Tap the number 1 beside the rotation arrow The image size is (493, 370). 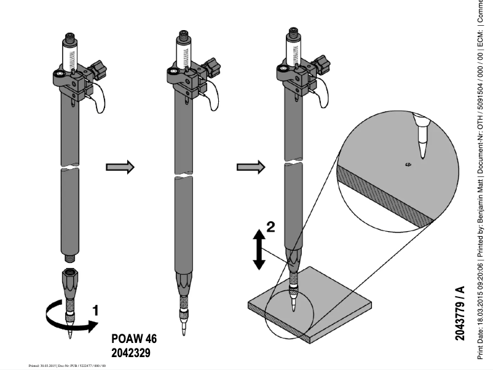pyautogui.click(x=95, y=310)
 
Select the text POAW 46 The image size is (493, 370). pyautogui.click(x=134, y=339)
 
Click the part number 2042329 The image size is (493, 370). pyautogui.click(x=131, y=353)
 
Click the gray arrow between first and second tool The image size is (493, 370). pyautogui.click(x=120, y=167)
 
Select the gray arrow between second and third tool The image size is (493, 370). pyautogui.click(x=250, y=167)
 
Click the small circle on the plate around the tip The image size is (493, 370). pyautogui.click(x=289, y=313)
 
